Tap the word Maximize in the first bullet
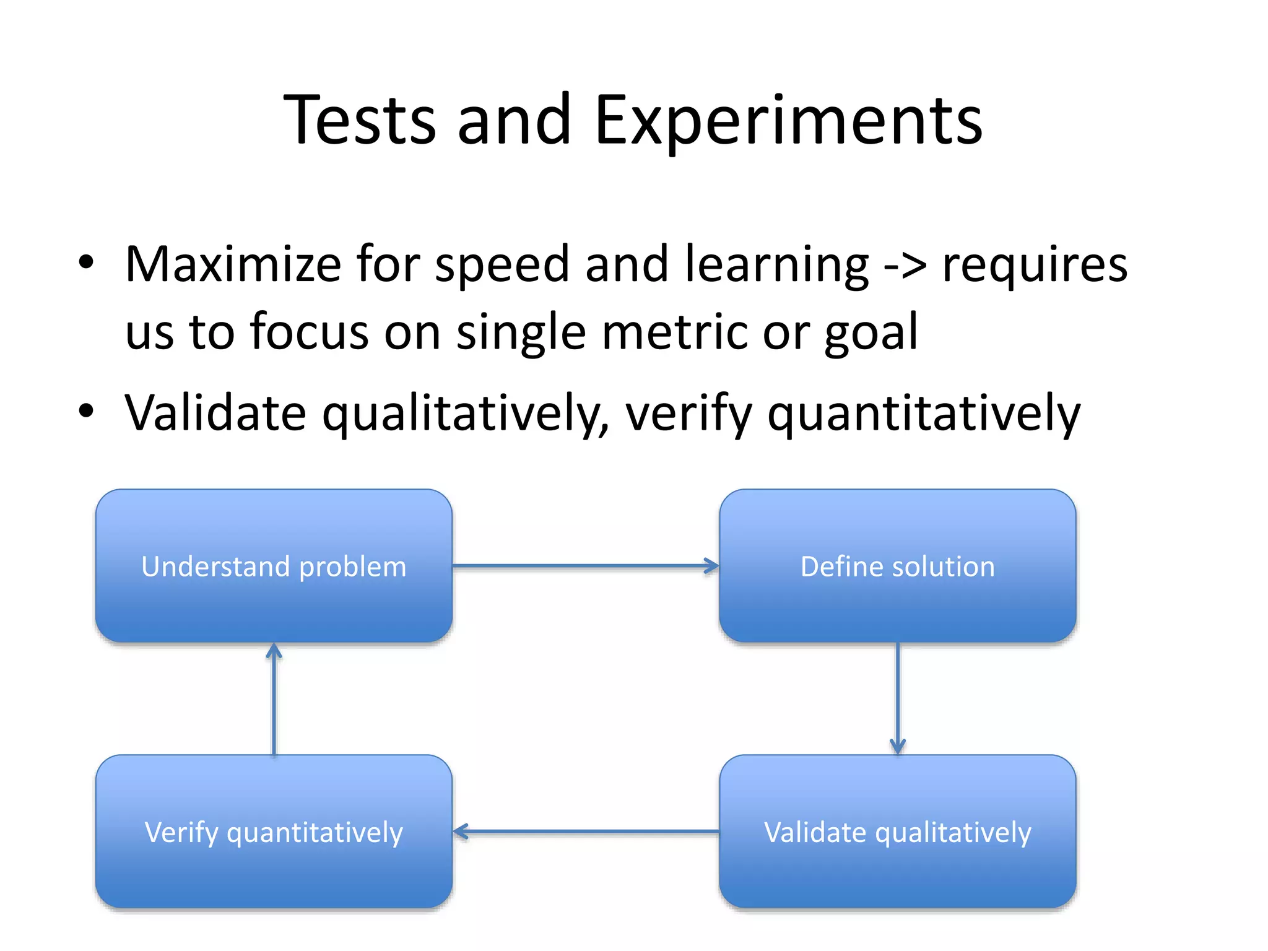233,264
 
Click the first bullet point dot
86,262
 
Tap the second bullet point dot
86,410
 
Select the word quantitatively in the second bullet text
924,414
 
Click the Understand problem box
274,565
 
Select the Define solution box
897,565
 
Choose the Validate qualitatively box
897,831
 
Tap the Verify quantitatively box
274,831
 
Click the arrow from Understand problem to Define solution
585,565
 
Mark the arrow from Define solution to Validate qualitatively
897,698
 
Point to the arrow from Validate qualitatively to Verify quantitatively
585,832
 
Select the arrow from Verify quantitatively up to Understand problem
274,698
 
